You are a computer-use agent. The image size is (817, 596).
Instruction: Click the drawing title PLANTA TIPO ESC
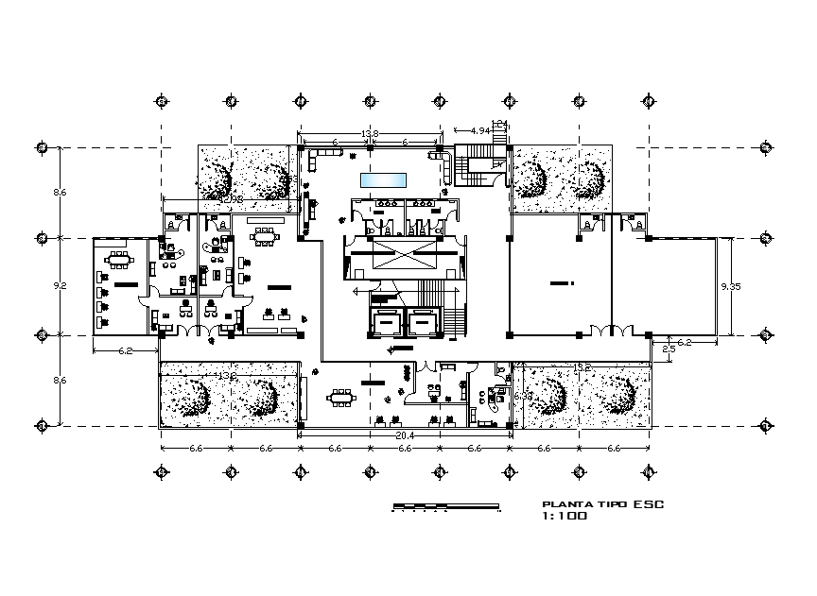coord(601,504)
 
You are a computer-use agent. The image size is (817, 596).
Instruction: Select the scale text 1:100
coord(565,517)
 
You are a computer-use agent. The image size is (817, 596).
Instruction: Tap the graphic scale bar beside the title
coord(445,507)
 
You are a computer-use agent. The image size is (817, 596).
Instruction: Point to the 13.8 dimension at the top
coord(370,133)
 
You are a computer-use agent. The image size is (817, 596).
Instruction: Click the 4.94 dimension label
coord(479,131)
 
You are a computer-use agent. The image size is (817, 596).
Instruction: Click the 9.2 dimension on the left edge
coord(60,284)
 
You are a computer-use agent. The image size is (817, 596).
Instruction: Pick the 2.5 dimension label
coord(669,349)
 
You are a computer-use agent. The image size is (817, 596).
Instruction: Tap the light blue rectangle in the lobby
coord(383,179)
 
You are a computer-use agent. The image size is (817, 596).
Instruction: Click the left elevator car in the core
coord(385,322)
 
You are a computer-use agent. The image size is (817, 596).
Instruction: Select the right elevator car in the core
coord(422,322)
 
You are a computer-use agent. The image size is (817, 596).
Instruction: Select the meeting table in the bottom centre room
coord(339,398)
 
